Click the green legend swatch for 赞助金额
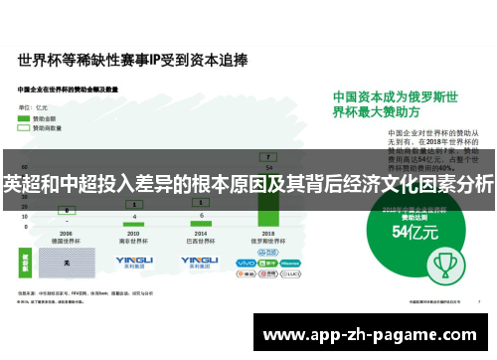click(25, 118)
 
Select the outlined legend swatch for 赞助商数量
click(25, 127)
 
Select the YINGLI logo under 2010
click(134, 262)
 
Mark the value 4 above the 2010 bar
click(134, 217)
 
